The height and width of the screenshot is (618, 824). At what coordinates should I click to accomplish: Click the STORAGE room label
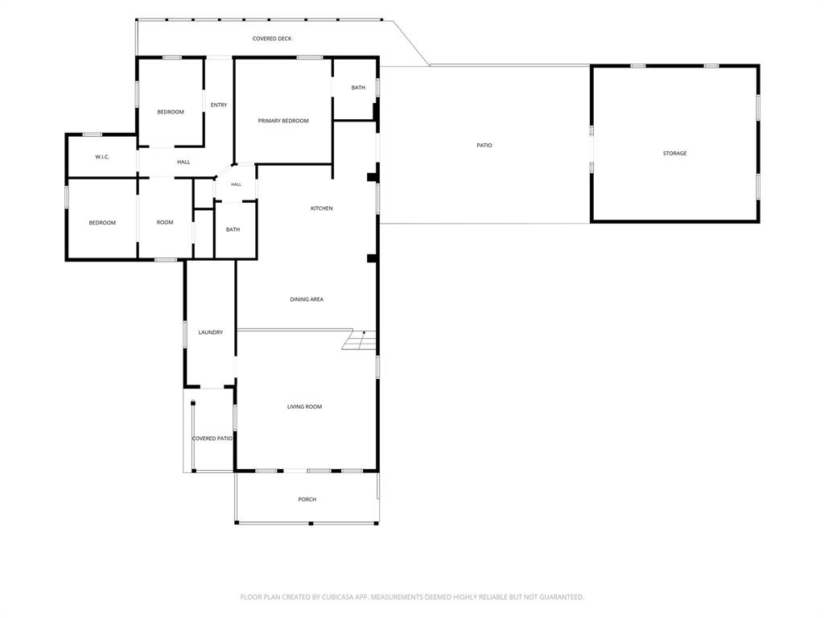coord(674,154)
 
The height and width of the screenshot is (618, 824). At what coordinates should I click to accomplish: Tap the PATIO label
coord(484,145)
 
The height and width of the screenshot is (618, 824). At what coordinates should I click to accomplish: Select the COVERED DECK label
coord(272,39)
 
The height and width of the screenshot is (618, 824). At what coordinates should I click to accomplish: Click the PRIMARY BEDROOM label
coord(283,121)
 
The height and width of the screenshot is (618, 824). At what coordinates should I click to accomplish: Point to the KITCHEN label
coord(322,208)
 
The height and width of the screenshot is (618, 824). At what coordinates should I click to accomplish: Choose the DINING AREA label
coord(307,299)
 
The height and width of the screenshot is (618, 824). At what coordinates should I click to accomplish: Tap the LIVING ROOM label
coord(305,406)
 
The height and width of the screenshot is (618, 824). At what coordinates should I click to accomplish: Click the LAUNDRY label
coord(211,332)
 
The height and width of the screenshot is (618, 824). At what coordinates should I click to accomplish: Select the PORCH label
coord(307,499)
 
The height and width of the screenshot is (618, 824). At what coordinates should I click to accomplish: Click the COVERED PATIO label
coord(212,439)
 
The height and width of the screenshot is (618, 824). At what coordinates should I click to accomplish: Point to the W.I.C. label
coord(102,157)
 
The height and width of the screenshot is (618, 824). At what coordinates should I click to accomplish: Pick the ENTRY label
coord(219,105)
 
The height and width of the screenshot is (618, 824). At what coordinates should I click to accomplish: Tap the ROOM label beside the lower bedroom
coord(165,223)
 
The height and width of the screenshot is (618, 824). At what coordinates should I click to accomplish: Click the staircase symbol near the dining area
coord(360,340)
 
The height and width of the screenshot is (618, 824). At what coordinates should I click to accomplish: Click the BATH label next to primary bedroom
coord(358,88)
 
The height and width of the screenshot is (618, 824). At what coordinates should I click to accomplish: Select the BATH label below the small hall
coord(233,229)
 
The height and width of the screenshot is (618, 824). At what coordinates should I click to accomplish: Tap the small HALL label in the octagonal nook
coord(237,184)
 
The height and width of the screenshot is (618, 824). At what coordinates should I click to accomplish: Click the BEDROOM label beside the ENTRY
coord(171,112)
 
